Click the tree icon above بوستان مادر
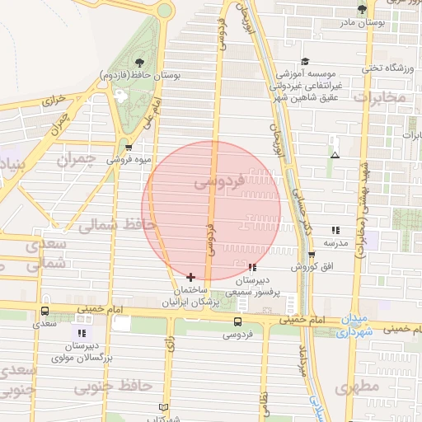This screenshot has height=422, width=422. tap(362, 8)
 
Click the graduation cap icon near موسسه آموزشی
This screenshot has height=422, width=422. tap(305, 61)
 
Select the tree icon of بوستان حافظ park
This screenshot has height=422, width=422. tap(139, 61)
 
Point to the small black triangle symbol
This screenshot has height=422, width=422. tap(334, 155)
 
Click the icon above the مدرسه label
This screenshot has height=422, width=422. tap(335, 230)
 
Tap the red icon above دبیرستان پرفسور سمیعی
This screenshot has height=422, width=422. tap(252, 267)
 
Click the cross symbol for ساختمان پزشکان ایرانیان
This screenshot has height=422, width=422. tap(191, 277)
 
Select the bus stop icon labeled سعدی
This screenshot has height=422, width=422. tap(45, 312)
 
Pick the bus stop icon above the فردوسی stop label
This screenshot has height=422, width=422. tap(238, 322)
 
